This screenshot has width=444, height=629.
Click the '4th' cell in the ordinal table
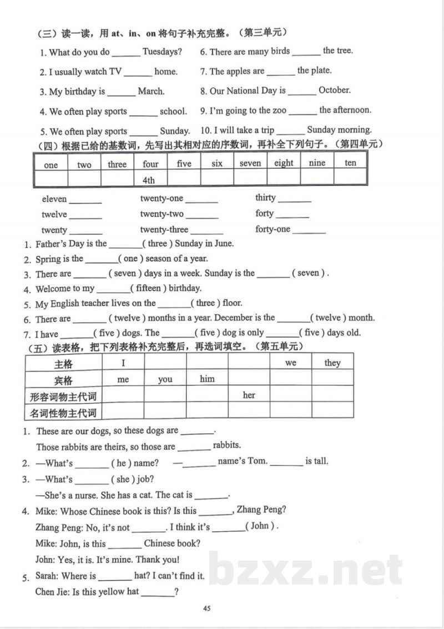point(149,180)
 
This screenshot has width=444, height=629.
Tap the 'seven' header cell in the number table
point(250,164)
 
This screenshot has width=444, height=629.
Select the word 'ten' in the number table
point(350,163)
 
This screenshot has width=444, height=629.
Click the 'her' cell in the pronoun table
point(249,395)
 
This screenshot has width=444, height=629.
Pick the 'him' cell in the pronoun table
point(207,379)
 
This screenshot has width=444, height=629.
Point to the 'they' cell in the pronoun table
point(332,363)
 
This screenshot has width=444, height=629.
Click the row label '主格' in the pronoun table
point(63,364)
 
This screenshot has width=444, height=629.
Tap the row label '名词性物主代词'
point(63,412)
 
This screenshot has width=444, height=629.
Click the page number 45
point(207,608)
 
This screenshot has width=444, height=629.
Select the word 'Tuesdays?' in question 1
point(162,52)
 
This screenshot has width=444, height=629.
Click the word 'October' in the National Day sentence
point(335,90)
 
